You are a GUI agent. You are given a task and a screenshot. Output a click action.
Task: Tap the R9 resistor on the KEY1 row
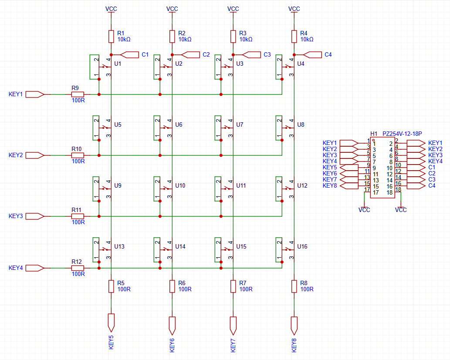point(78,94)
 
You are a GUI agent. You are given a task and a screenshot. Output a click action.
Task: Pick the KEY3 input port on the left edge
point(34,216)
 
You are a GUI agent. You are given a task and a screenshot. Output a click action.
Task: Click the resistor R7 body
point(233,286)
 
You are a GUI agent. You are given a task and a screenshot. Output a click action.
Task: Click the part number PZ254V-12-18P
point(402,134)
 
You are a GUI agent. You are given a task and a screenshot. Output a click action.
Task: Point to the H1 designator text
point(374,134)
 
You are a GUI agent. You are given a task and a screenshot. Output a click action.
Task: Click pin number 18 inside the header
point(389,192)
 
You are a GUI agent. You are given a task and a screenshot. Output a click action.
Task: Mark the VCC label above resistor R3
point(233,9)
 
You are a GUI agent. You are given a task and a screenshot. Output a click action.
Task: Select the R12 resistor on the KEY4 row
point(78,268)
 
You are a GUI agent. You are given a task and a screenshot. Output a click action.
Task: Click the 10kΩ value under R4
point(307,39)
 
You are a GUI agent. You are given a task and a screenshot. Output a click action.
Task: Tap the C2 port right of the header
point(416,173)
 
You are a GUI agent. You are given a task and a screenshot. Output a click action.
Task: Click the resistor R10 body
point(78,155)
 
